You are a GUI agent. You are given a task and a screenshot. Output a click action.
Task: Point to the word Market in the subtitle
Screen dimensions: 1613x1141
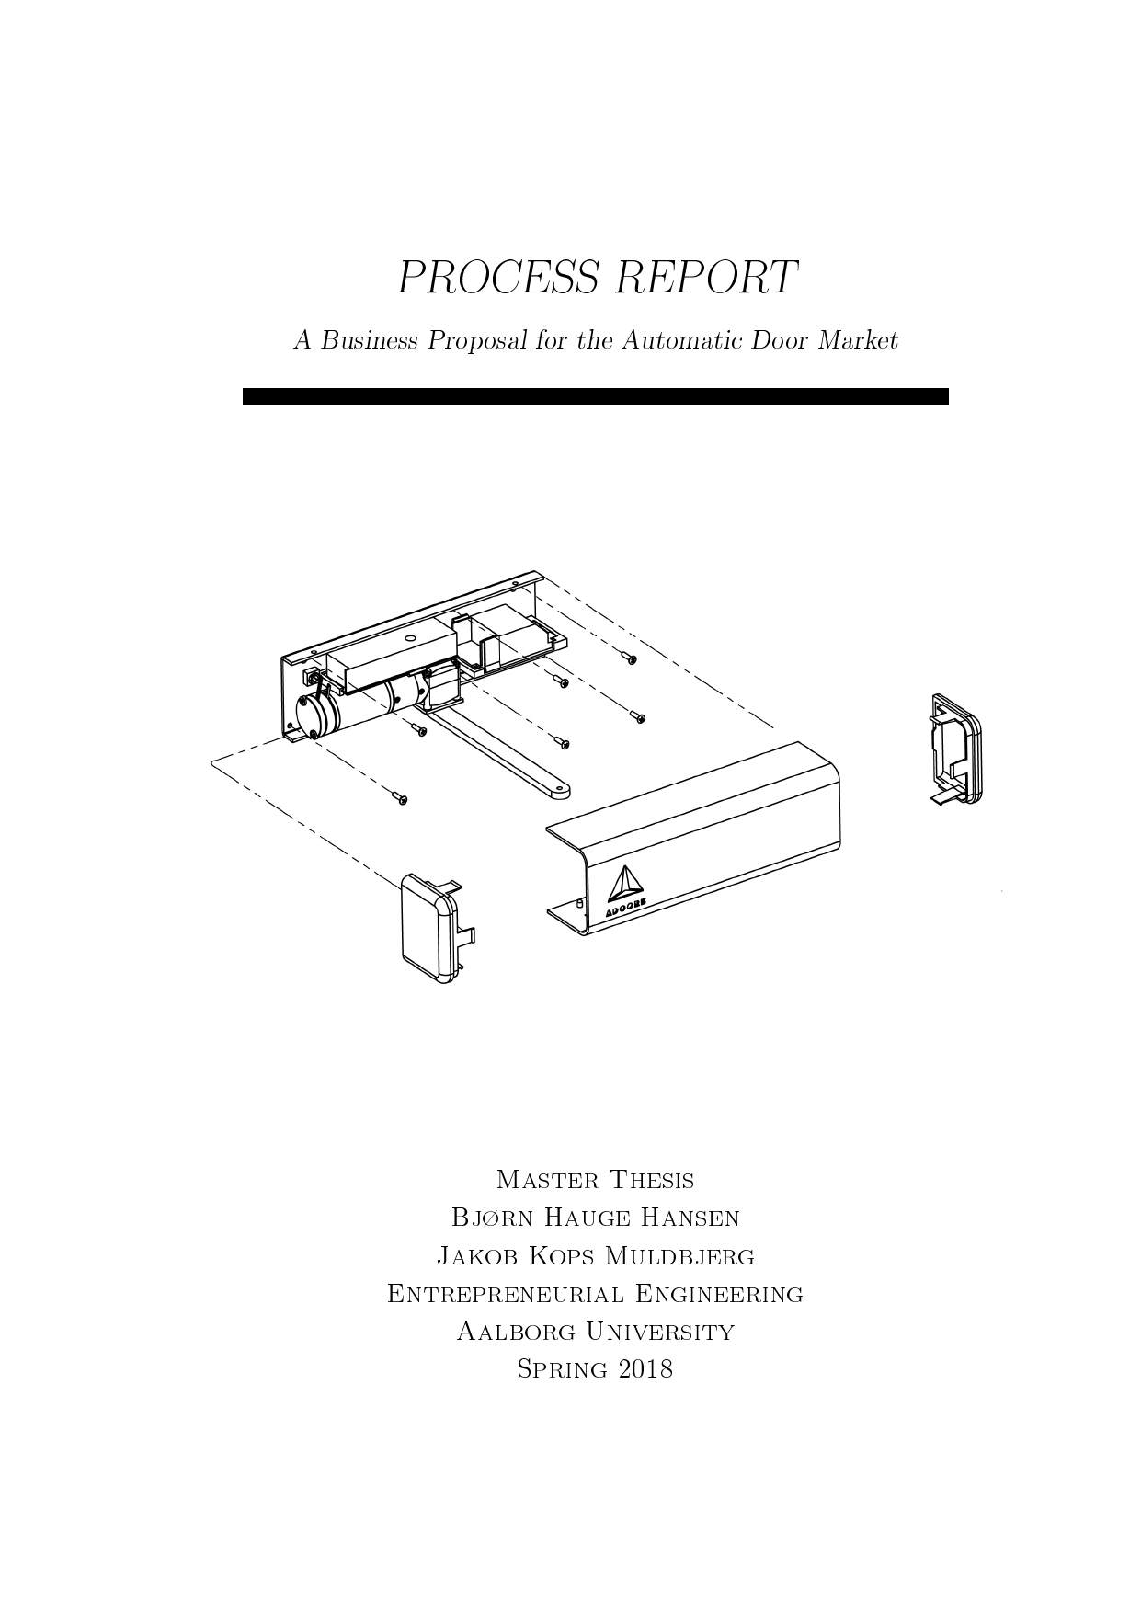pos(858,340)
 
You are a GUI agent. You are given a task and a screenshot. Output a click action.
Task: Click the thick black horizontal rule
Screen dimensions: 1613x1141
pos(595,396)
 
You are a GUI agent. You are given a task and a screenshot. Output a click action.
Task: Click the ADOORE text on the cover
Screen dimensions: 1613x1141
pos(627,907)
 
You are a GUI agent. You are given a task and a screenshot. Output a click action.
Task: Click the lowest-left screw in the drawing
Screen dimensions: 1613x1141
pos(400,798)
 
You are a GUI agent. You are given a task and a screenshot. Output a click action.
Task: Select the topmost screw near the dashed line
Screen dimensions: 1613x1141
pos(629,658)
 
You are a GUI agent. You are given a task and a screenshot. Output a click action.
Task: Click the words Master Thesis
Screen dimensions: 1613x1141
pos(595,1180)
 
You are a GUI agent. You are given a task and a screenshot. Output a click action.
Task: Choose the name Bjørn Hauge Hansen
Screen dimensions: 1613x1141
pos(595,1218)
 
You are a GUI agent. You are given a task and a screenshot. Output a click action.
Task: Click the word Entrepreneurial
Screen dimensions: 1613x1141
pos(505,1294)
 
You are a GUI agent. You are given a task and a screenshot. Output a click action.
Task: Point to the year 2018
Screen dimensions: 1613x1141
pos(646,1369)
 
